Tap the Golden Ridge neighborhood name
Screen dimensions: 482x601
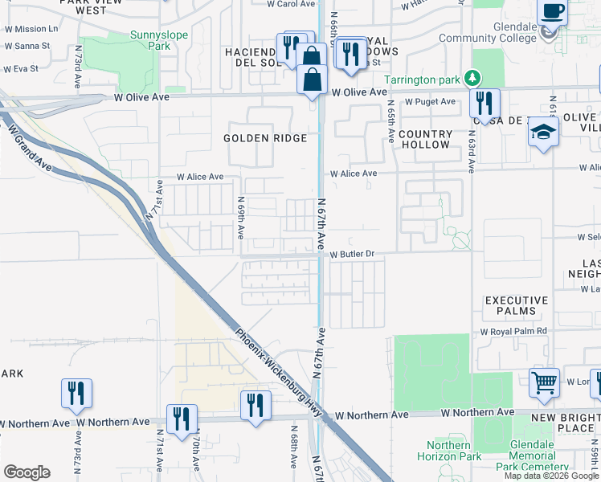(265, 138)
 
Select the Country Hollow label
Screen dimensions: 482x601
(424, 139)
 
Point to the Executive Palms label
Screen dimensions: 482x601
(516, 305)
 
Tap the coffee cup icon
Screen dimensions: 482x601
(552, 12)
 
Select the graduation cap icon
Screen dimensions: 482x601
(543, 133)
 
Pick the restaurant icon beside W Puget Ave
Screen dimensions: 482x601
(484, 103)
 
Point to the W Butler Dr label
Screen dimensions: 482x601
(353, 254)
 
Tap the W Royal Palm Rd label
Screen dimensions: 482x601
(513, 331)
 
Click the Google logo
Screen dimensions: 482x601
(27, 472)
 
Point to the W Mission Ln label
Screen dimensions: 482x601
(31, 28)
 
